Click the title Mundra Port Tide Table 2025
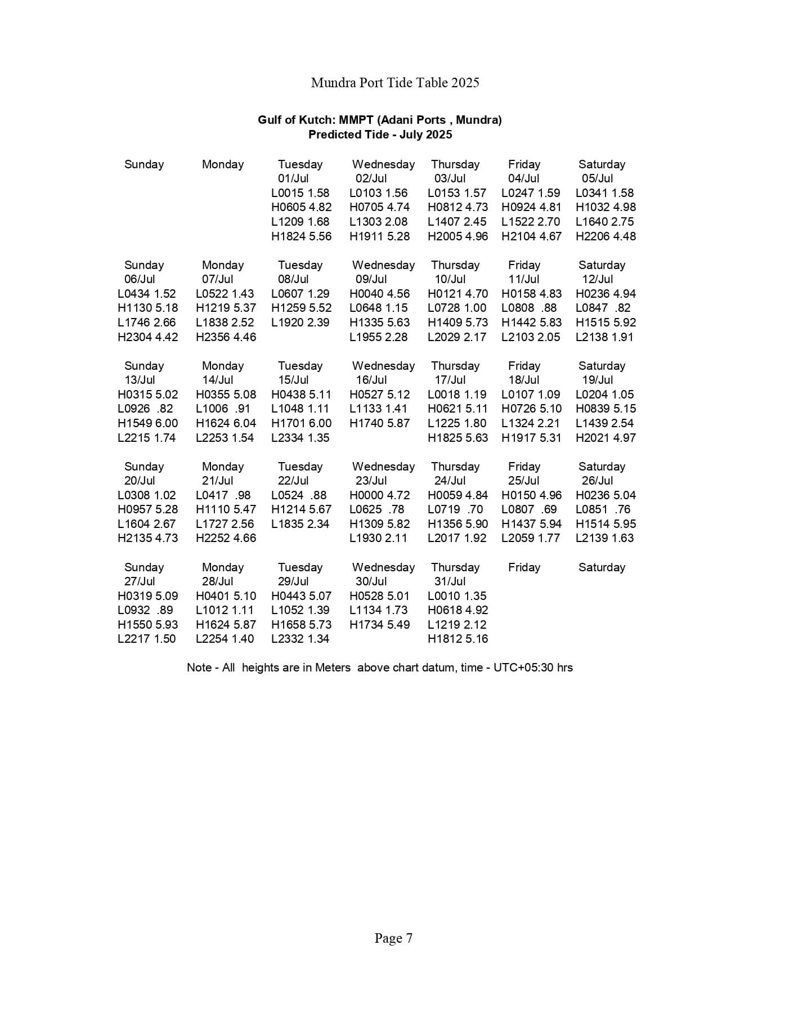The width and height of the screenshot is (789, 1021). [x=394, y=83]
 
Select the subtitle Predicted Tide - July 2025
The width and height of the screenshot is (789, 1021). [x=380, y=135]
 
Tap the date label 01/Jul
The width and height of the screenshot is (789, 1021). [x=293, y=178]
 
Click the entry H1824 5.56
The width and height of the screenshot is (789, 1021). [x=301, y=236]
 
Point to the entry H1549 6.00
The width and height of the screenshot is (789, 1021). [x=147, y=423]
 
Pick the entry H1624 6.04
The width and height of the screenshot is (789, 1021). [x=226, y=423]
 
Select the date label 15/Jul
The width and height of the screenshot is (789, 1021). [x=293, y=380]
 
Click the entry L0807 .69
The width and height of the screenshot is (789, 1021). [x=529, y=509]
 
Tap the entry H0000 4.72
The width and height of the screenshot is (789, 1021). [x=379, y=495]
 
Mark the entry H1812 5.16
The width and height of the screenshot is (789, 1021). [x=458, y=639]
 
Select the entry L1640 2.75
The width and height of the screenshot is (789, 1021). [x=604, y=222]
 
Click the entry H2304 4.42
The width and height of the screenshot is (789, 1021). [x=147, y=337]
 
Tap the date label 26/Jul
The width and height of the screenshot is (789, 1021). [x=597, y=481]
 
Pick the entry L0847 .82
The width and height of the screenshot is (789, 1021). [x=603, y=308]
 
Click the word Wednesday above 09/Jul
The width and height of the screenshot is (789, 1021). [x=383, y=265]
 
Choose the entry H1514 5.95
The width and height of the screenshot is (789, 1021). [x=606, y=524]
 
